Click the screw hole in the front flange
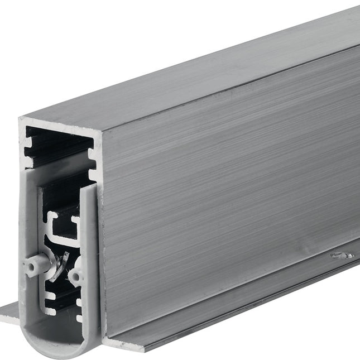click(x=342, y=255)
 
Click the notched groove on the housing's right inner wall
click(x=92, y=162)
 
